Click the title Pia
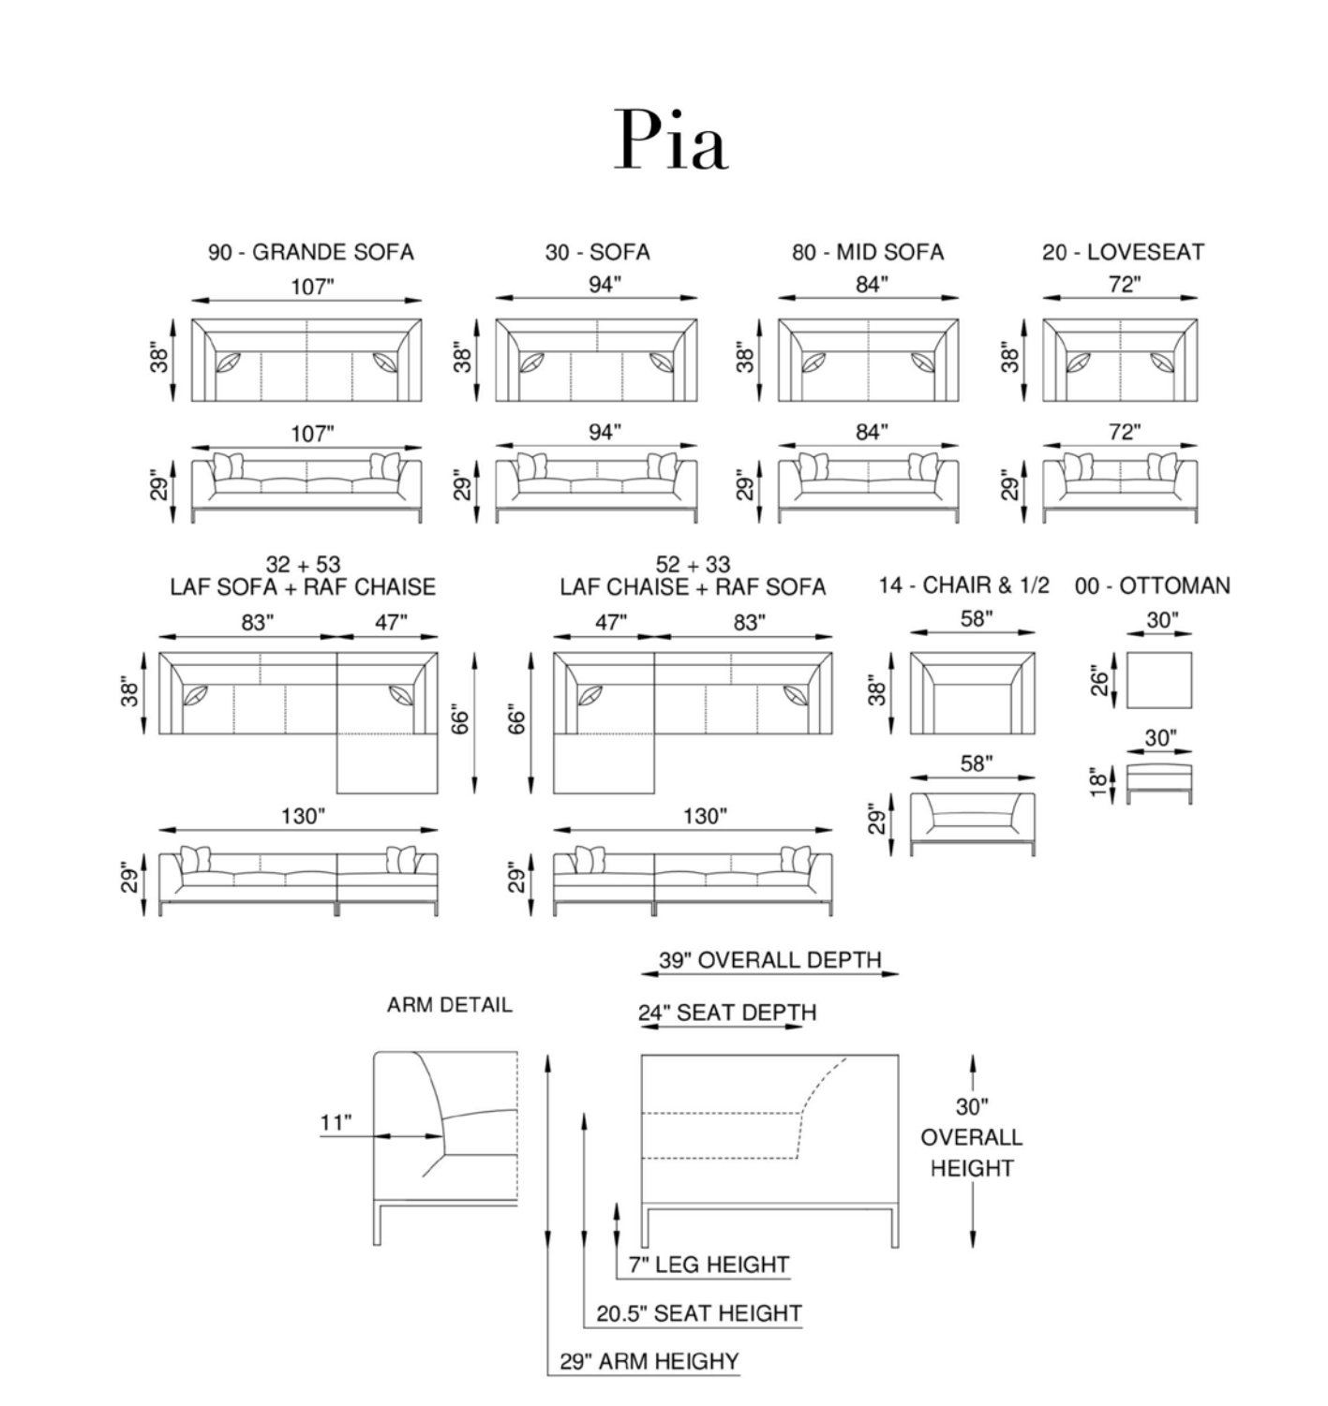tap(671, 140)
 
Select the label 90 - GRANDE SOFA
tap(310, 252)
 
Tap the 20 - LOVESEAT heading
tap(1122, 252)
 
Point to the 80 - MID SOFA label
tap(868, 252)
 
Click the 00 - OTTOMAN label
tap(1152, 586)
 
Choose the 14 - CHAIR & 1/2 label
tap(963, 586)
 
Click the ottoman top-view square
tap(1159, 680)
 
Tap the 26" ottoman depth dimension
tap(1099, 680)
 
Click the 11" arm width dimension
tap(336, 1122)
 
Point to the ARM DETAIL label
tap(449, 1005)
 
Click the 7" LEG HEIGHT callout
tap(709, 1265)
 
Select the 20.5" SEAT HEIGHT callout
tap(699, 1313)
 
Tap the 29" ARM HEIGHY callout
tap(649, 1361)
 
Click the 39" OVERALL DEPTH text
tap(769, 960)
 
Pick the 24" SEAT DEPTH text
tap(727, 1013)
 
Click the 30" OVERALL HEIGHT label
tap(971, 1137)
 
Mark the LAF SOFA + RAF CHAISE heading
tap(303, 587)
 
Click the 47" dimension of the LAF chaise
tap(610, 623)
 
